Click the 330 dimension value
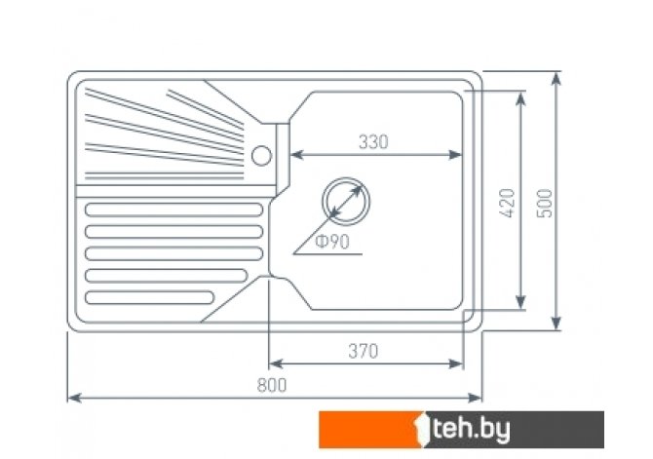[373, 142]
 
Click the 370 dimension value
[364, 352]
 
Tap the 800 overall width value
[272, 385]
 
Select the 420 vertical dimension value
[508, 204]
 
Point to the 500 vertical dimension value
[544, 204]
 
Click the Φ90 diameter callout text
[332, 242]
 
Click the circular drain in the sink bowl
[346, 202]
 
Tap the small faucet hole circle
[261, 156]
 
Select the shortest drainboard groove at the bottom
[149, 297]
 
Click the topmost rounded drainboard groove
[173, 210]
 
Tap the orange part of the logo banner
[369, 430]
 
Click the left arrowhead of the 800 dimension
[74, 399]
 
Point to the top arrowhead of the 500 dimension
[556, 78]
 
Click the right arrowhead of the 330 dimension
[455, 155]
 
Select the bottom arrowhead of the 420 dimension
[520, 302]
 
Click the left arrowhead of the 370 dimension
[276, 364]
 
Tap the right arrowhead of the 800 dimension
[475, 399]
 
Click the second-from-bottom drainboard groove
[166, 276]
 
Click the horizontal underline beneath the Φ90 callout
[327, 253]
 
